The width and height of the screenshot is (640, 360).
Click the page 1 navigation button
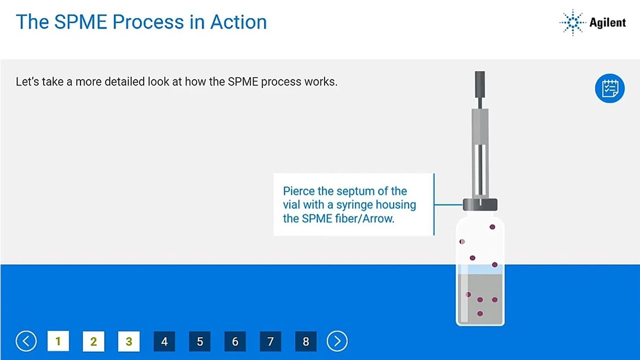pyautogui.click(x=58, y=341)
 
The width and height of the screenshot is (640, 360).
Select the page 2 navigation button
pyautogui.click(x=93, y=341)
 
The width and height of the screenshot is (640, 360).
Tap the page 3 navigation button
pyautogui.click(x=129, y=341)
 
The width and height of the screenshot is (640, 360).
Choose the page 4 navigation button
pyautogui.click(x=164, y=341)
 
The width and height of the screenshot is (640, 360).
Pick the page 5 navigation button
pyautogui.click(x=200, y=341)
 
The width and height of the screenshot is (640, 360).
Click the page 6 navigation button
pyautogui.click(x=235, y=341)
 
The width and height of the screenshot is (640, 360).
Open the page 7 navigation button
pyautogui.click(x=270, y=341)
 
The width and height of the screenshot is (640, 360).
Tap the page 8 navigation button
pyautogui.click(x=306, y=341)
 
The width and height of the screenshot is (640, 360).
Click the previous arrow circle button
pyautogui.click(x=26, y=341)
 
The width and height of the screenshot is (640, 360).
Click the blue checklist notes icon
pyautogui.click(x=609, y=88)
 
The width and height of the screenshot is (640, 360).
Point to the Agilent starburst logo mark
pyautogui.click(x=572, y=22)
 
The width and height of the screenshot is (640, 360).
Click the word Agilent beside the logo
pyautogui.click(x=607, y=23)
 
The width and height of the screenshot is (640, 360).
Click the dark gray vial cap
pyautogui.click(x=480, y=204)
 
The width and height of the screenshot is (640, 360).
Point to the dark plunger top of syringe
pyautogui.click(x=479, y=83)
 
